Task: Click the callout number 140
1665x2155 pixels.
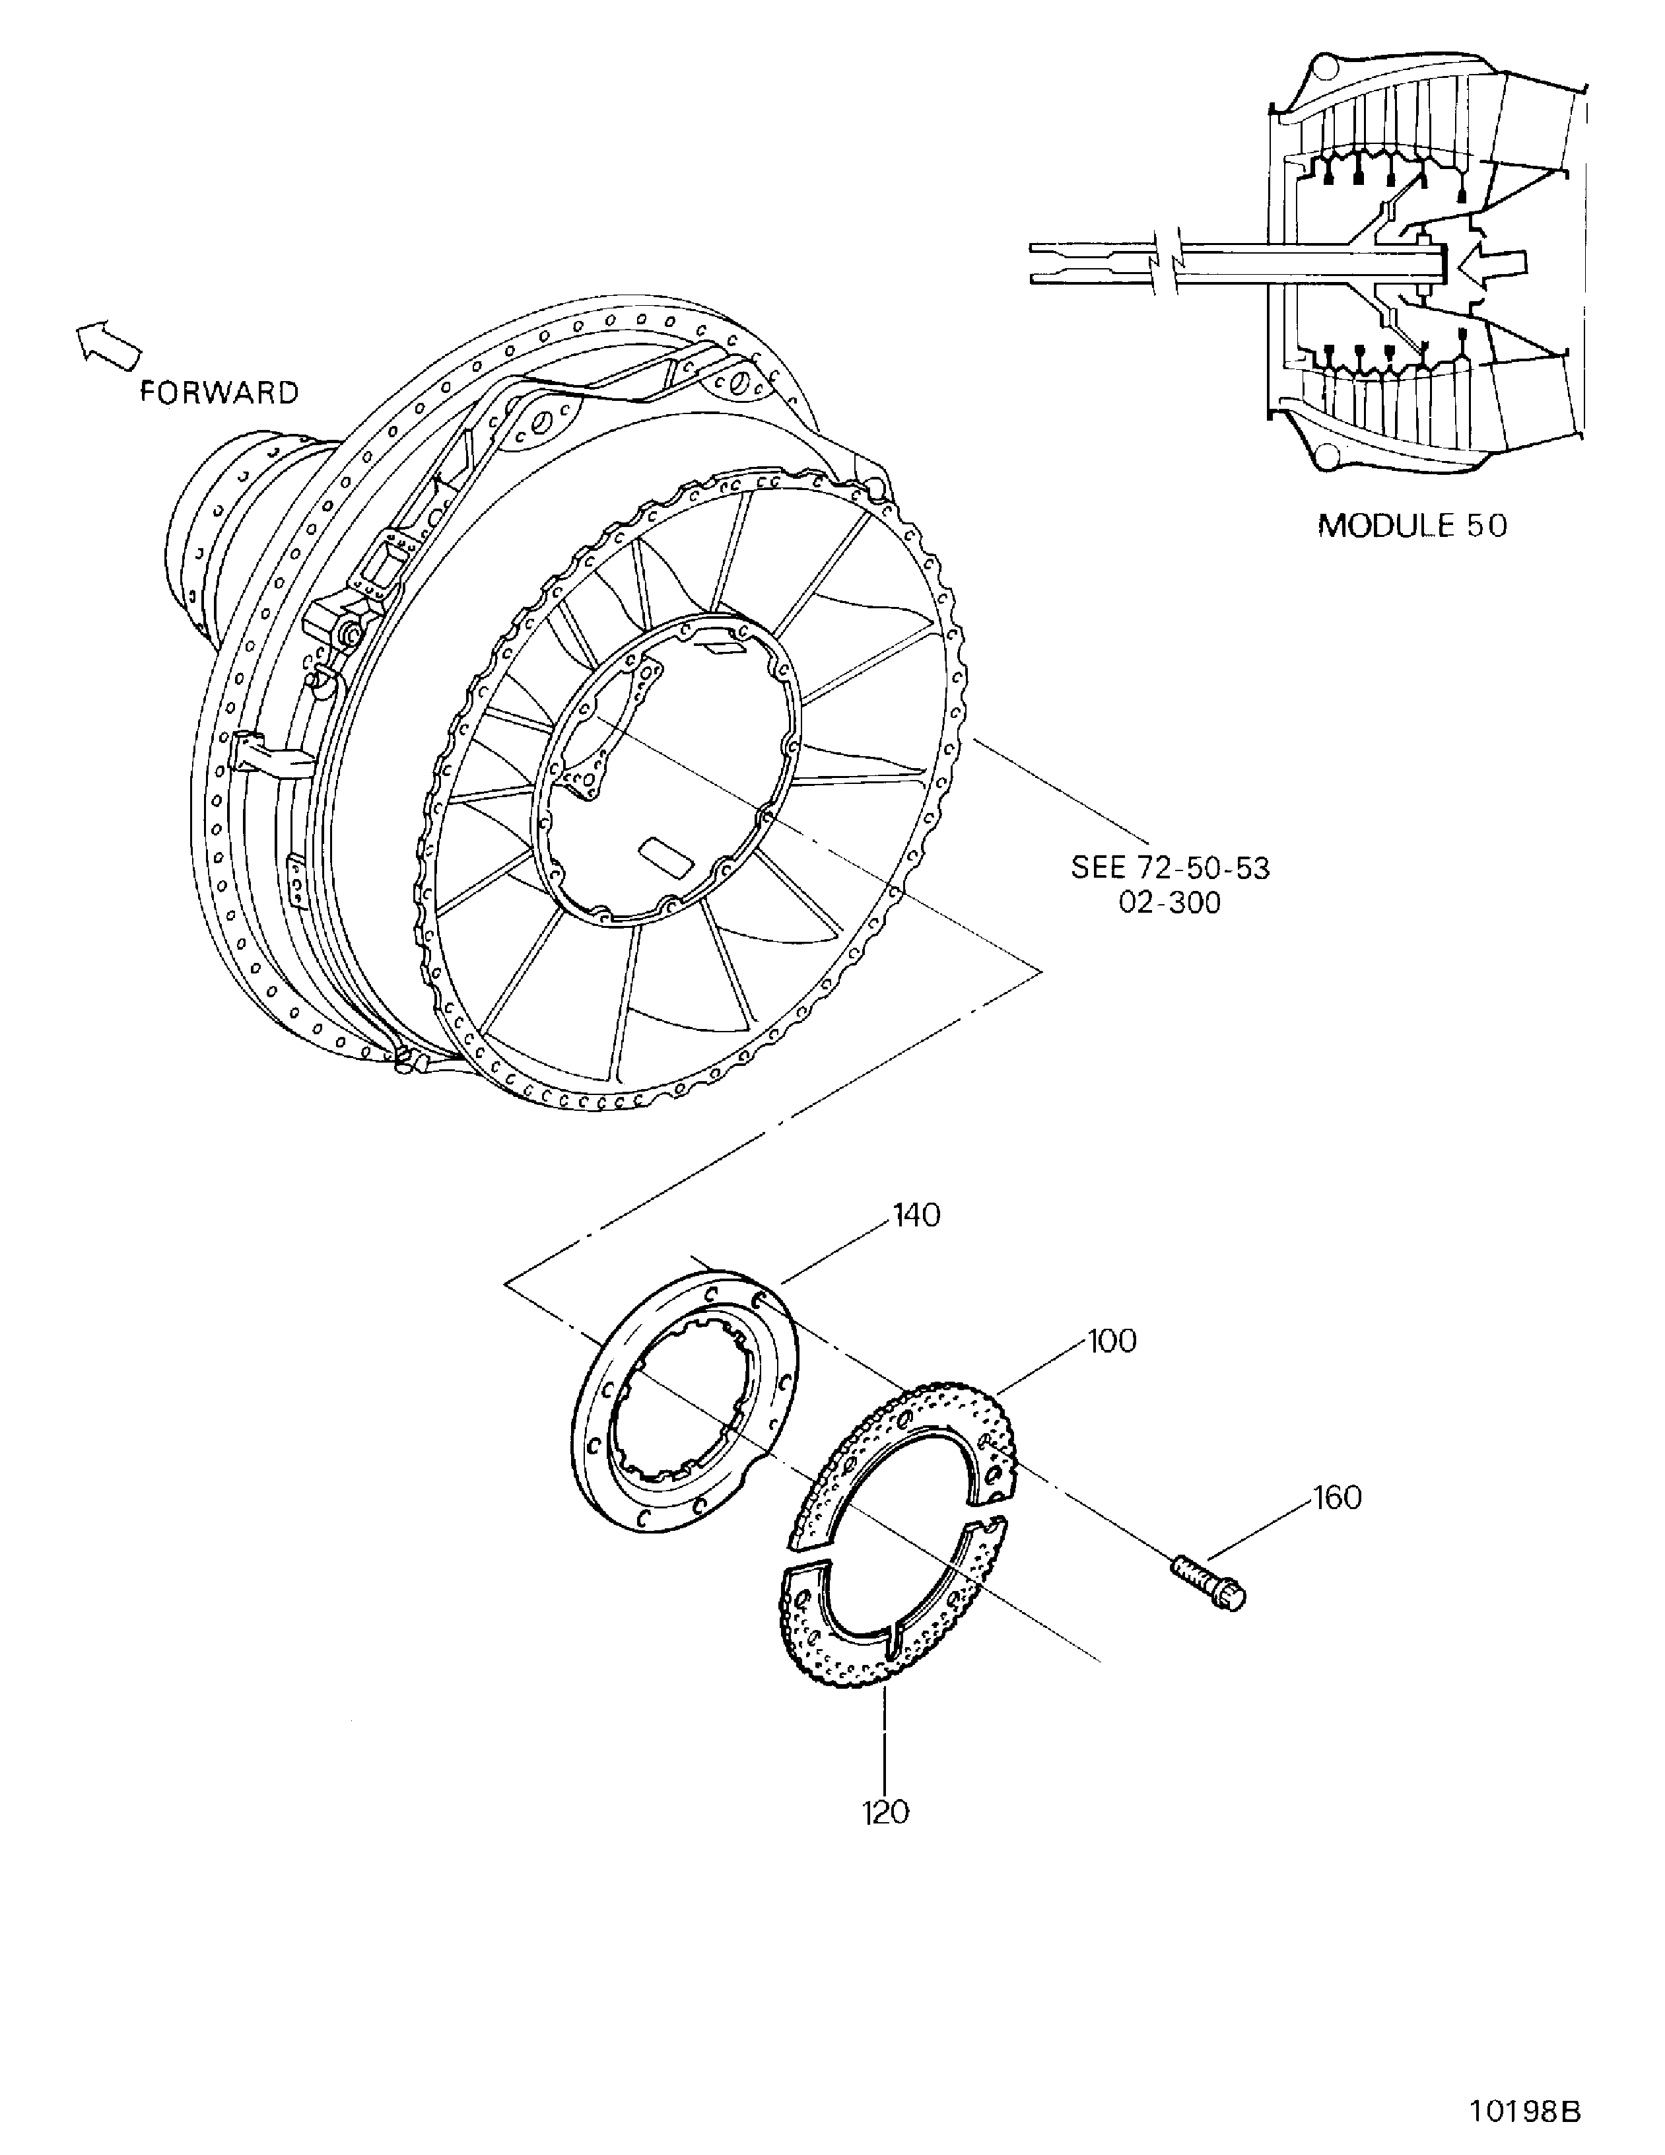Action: (x=916, y=1216)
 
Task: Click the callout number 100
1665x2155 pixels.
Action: (x=1112, y=1341)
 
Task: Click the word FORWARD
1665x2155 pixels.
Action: (x=219, y=393)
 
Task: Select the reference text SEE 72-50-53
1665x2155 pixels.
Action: (x=1170, y=868)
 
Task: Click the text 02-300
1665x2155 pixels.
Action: (x=1170, y=903)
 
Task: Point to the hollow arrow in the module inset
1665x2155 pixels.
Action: (x=1495, y=264)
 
